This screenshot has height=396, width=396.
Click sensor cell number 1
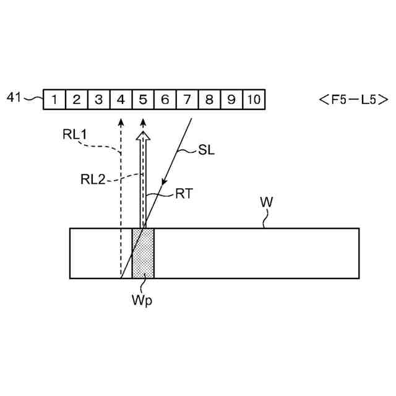pyautogui.click(x=54, y=99)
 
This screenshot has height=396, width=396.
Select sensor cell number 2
pyautogui.click(x=76, y=99)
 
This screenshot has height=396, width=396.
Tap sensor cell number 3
pyautogui.click(x=98, y=99)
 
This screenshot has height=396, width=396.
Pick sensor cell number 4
pyautogui.click(x=121, y=99)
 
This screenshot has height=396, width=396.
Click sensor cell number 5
pyautogui.click(x=143, y=99)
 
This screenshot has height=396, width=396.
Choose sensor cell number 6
pyautogui.click(x=165, y=99)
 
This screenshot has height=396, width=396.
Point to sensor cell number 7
pyautogui.click(x=187, y=99)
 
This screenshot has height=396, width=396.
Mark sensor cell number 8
pyautogui.click(x=209, y=99)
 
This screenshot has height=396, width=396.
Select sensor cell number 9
pyautogui.click(x=231, y=99)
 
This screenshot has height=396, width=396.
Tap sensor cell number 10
pyautogui.click(x=254, y=99)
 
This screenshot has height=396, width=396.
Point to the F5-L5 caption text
pyautogui.click(x=353, y=99)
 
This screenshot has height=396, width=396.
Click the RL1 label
pyautogui.click(x=75, y=134)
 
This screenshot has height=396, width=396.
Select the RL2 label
pyautogui.click(x=93, y=179)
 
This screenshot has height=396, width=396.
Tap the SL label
pyautogui.click(x=207, y=150)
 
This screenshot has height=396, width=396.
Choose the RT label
pyautogui.click(x=184, y=194)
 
